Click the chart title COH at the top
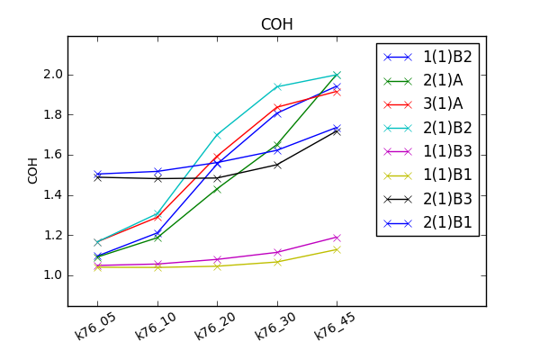pyautogui.click(x=276, y=24)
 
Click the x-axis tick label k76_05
pyautogui.click(x=94, y=326)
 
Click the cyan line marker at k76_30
pyautogui.click(x=277, y=86)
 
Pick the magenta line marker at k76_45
pyautogui.click(x=337, y=238)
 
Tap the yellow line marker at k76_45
pyautogui.click(x=337, y=249)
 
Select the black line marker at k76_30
pyautogui.click(x=277, y=165)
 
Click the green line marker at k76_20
pyautogui.click(x=218, y=189)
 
